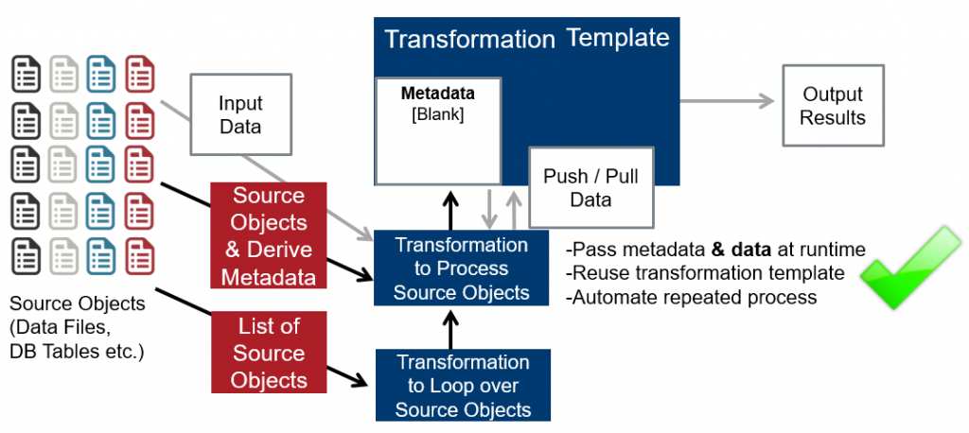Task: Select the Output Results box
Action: click(833, 105)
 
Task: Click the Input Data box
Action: click(240, 113)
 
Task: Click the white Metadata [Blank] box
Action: click(437, 130)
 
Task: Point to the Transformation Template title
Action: click(526, 40)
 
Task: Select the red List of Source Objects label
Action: click(269, 354)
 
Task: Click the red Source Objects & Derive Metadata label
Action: click(269, 236)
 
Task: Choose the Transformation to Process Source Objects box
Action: click(462, 268)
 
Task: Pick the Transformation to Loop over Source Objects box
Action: click(463, 386)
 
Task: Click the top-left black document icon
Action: click(26, 73)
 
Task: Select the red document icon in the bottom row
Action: click(141, 255)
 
